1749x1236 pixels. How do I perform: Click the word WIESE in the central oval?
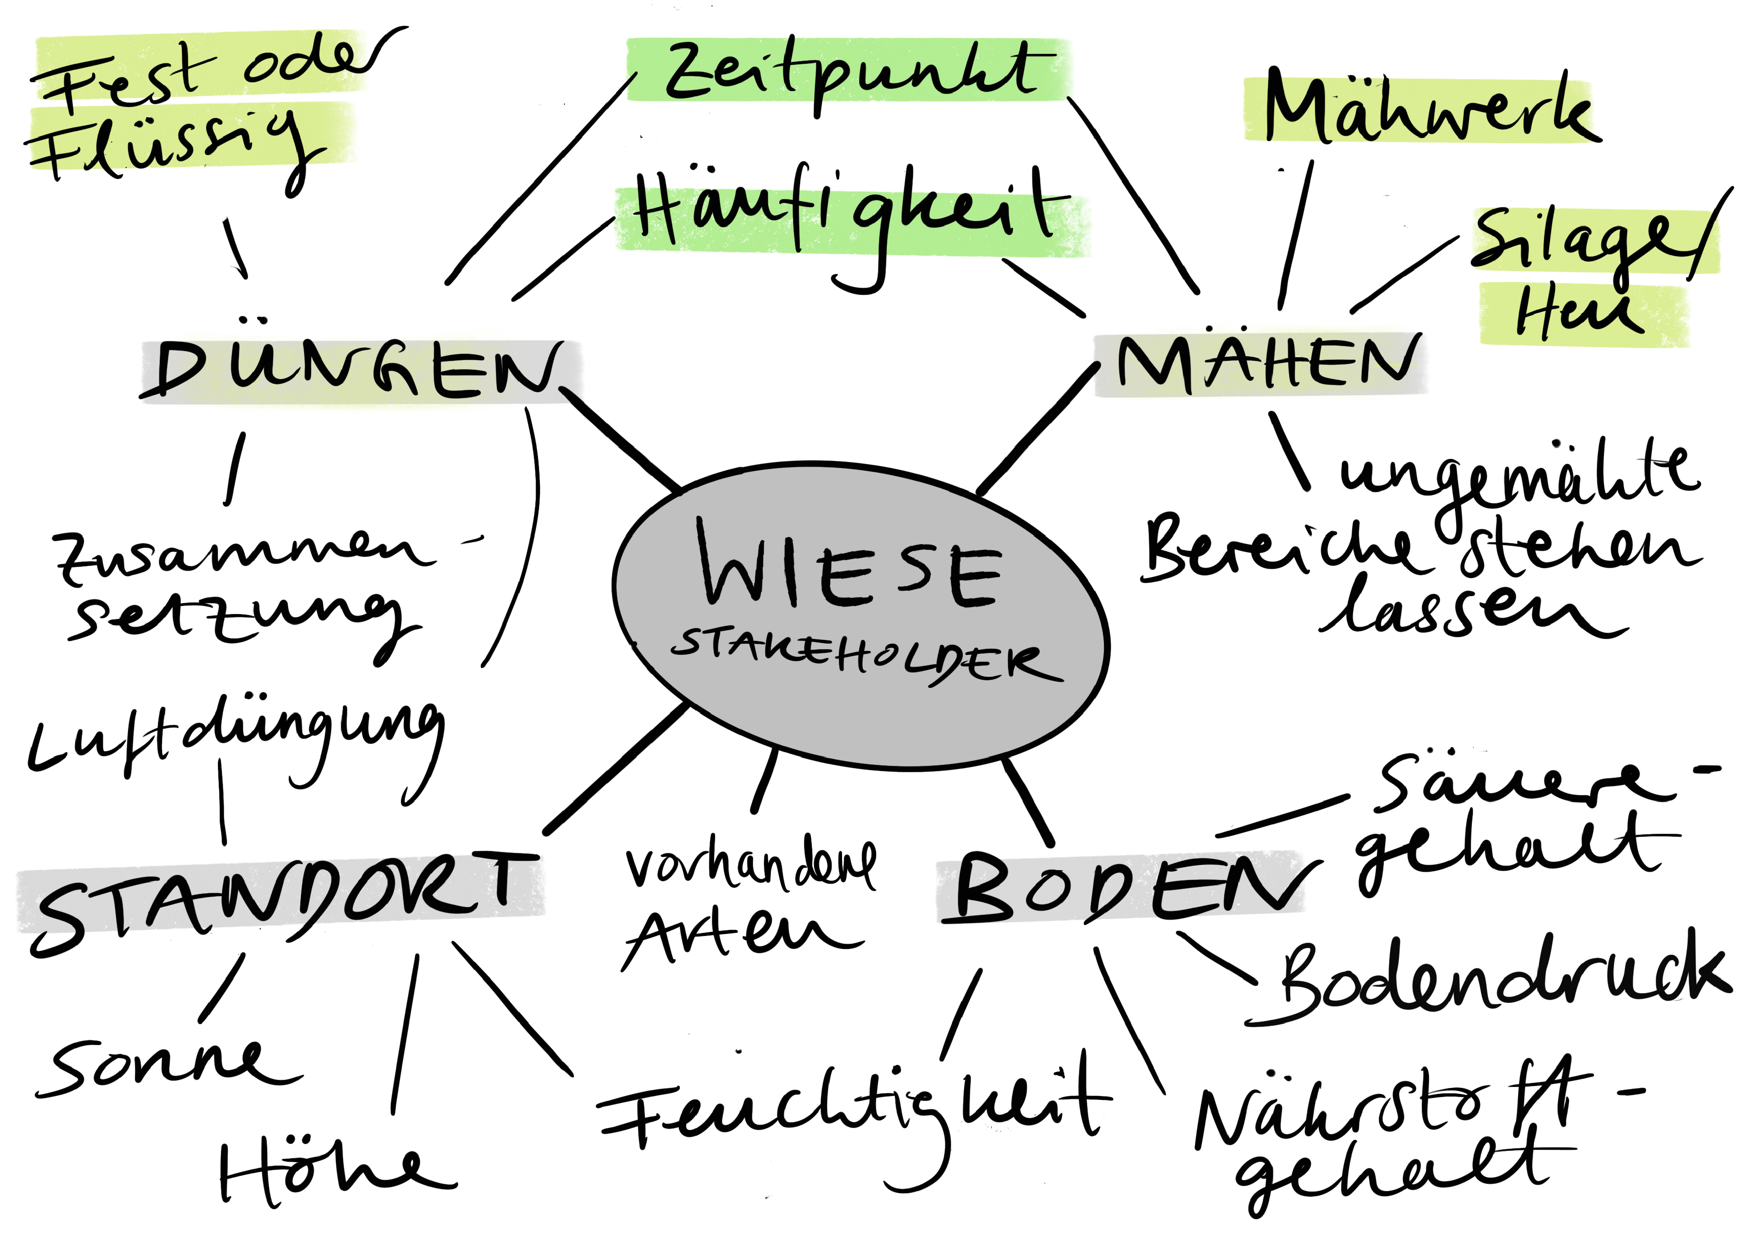click(x=850, y=567)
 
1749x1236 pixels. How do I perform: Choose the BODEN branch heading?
click(x=1127, y=887)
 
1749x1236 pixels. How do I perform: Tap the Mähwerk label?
click(x=1424, y=111)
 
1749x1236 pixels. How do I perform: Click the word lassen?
click(x=1470, y=613)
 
